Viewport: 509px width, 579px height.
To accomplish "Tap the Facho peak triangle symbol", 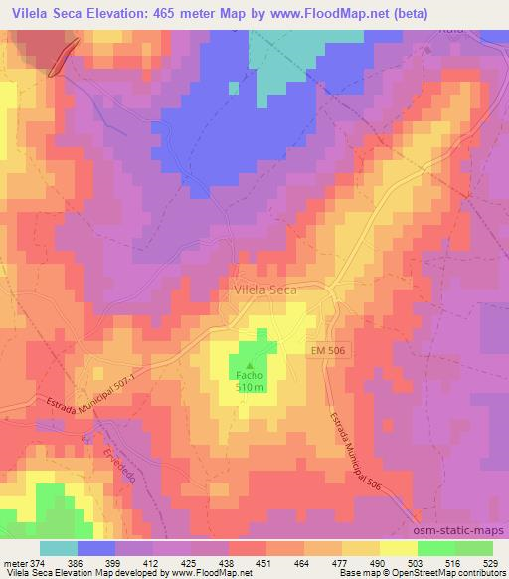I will click(250, 365).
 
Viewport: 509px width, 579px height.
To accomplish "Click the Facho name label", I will click(250, 376).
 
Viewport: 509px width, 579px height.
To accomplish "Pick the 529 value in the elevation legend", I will click(491, 562).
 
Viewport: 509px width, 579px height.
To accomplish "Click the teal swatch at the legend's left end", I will click(58, 548).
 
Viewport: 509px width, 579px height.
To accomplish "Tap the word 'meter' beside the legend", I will click(16, 562).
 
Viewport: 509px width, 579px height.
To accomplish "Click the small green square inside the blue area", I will click(234, 88).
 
